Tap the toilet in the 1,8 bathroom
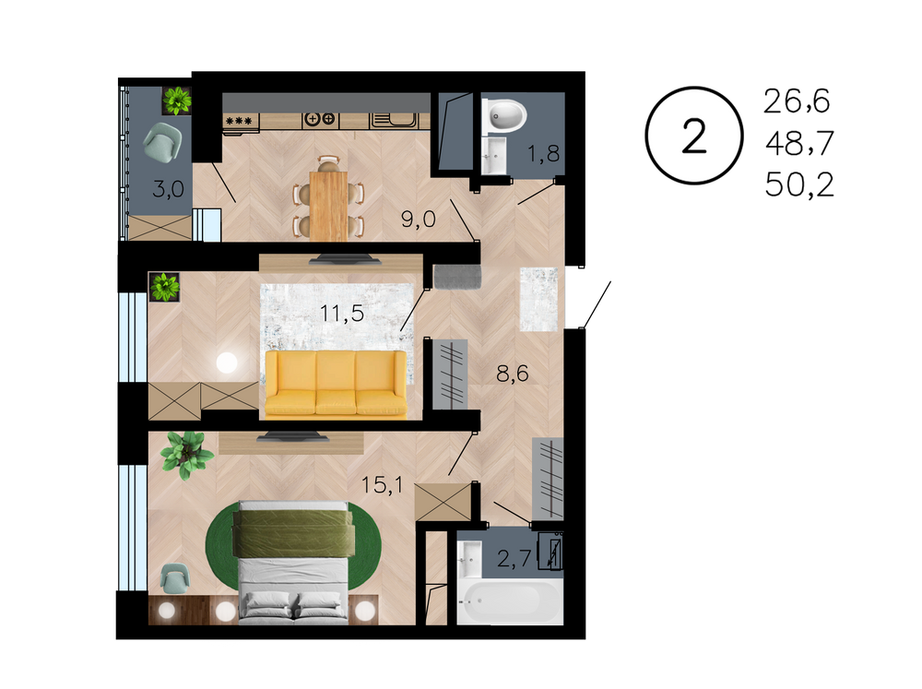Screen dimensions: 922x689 tap(504, 116)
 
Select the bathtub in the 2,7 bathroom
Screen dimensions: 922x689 tap(509, 600)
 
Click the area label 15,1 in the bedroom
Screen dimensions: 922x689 tap(383, 485)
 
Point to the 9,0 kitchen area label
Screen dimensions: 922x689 tap(418, 220)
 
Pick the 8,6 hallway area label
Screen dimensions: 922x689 tap(512, 373)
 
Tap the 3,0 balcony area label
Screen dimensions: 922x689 tap(168, 189)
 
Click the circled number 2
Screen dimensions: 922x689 tap(694, 136)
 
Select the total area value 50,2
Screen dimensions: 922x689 tap(799, 184)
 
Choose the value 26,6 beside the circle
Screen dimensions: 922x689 tap(797, 101)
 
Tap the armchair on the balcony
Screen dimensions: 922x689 tap(163, 142)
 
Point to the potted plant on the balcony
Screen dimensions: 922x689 tap(177, 101)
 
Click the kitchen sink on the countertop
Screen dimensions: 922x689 tap(394, 121)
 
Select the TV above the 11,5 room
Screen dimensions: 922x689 tap(345, 259)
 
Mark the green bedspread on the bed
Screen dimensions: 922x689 tap(293, 533)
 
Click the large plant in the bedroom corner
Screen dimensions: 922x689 tap(186, 454)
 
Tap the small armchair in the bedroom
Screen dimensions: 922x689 tap(175, 577)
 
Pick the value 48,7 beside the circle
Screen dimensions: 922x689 tap(799, 143)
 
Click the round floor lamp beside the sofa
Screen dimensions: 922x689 tap(227, 362)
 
